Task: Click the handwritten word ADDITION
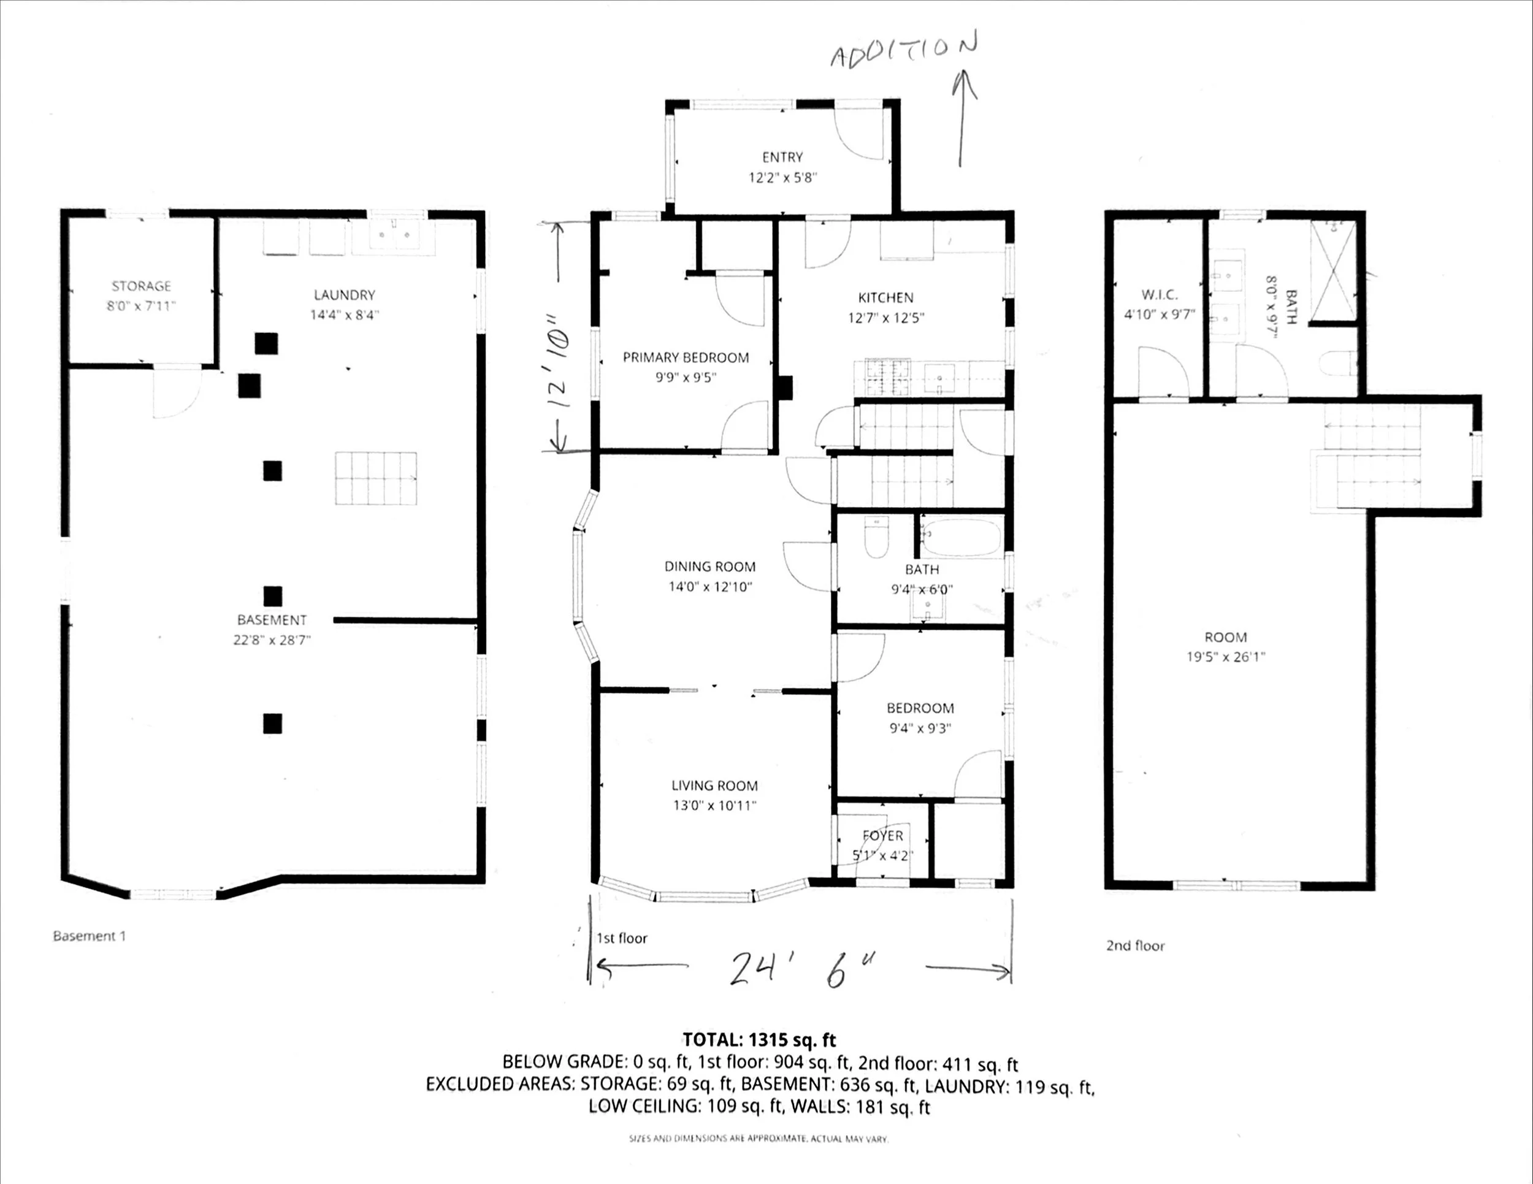point(903,50)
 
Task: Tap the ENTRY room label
point(782,157)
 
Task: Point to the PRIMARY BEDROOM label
point(686,357)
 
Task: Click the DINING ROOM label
point(709,567)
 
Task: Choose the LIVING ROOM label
point(714,785)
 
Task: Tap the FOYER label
point(882,836)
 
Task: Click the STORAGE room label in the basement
point(141,286)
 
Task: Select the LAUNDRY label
point(344,295)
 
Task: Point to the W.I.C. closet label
point(1160,295)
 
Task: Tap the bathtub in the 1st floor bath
point(961,538)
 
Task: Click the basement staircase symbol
point(375,479)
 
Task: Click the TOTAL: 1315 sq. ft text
point(760,1039)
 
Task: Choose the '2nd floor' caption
point(1135,945)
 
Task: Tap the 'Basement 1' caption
point(89,936)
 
